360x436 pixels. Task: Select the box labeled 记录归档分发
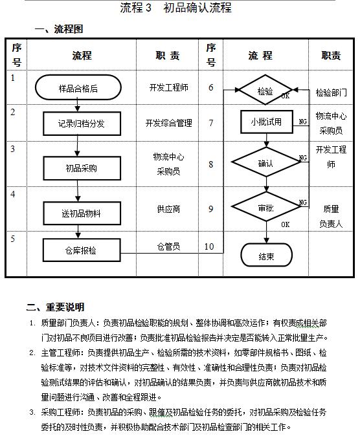tap(82, 123)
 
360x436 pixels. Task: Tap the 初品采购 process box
tap(82, 168)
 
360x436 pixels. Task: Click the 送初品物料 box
tap(82, 212)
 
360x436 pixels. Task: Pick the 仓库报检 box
tap(82, 250)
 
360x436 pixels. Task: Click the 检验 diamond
tap(265, 91)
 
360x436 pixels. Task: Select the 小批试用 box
tap(266, 122)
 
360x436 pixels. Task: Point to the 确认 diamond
tap(265, 163)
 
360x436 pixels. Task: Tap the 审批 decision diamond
tap(265, 208)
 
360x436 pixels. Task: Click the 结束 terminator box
tap(266, 256)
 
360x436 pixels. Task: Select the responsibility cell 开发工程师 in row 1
tap(168, 87)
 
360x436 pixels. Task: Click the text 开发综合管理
tap(168, 122)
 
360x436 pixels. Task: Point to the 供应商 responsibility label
tap(168, 210)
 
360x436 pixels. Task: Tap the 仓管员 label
tap(168, 246)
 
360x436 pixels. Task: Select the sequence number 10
tap(209, 246)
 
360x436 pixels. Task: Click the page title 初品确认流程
tap(197, 8)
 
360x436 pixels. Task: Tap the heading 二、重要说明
tap(55, 307)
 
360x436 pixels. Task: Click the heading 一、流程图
tap(58, 29)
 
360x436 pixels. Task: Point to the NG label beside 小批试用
tap(302, 121)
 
